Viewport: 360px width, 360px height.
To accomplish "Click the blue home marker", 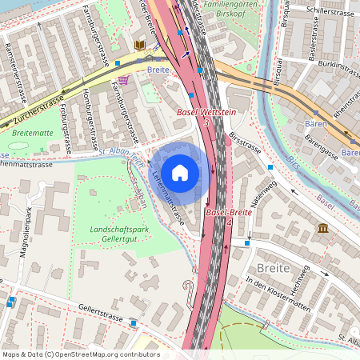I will (180, 171).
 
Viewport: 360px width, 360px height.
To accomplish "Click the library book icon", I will (141, 46).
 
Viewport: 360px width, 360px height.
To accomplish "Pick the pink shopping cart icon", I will (124, 79).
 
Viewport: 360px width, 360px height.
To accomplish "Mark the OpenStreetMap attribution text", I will (81, 354).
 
